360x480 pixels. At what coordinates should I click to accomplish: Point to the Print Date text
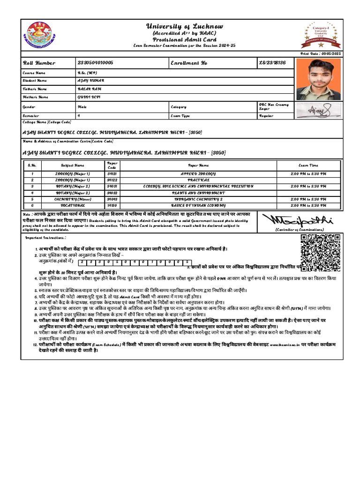coord(321,54)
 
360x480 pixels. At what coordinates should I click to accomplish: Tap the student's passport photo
coord(321,79)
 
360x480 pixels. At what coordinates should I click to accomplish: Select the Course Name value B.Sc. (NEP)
coord(87,73)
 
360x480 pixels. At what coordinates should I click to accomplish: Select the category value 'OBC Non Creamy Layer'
coord(274,106)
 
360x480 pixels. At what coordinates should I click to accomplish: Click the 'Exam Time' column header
coord(308,165)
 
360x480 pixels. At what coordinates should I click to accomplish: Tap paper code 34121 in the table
coord(112,174)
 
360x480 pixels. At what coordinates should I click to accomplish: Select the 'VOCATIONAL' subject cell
coord(73,205)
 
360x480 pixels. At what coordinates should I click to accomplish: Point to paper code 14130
coord(112,205)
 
